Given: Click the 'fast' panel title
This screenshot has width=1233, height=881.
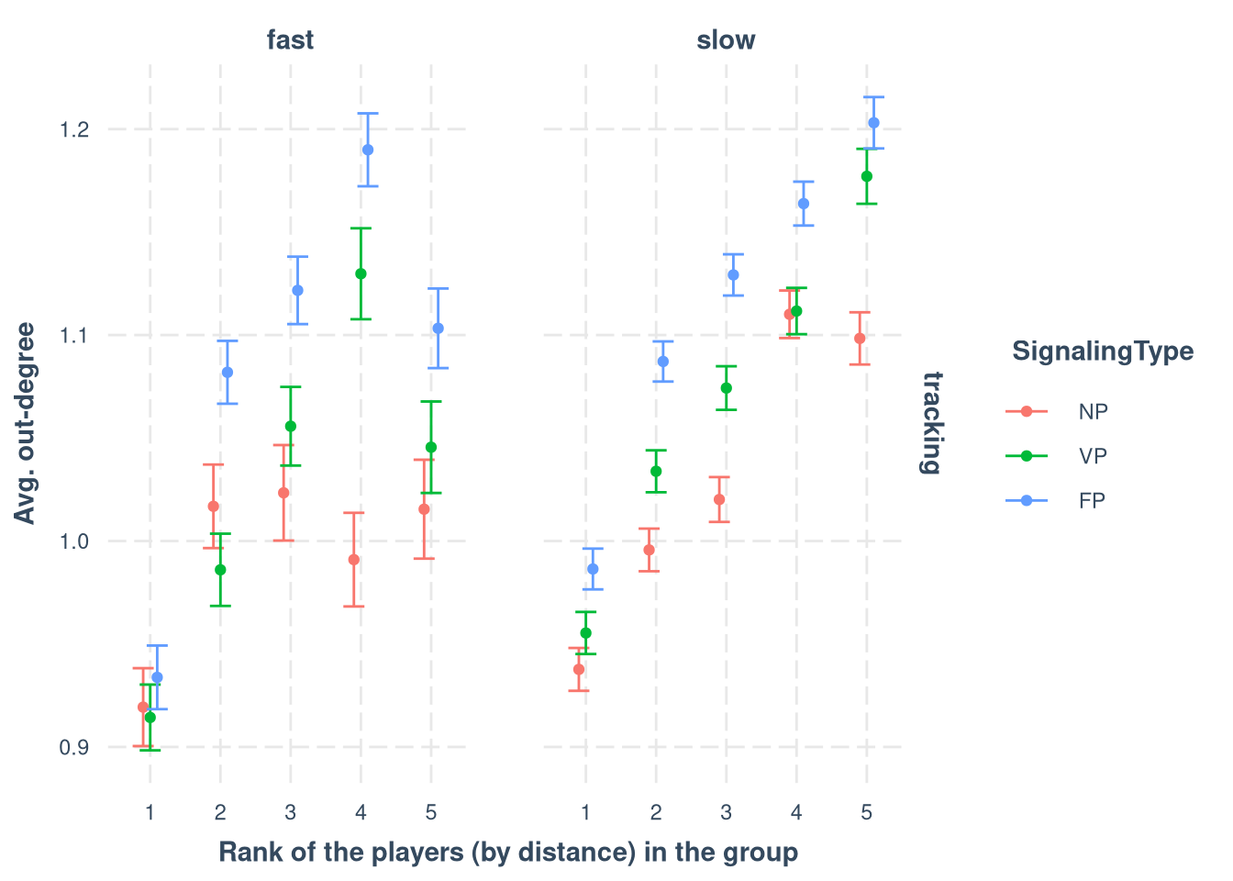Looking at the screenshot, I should point(290,40).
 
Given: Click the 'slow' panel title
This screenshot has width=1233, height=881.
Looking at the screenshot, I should point(726,40).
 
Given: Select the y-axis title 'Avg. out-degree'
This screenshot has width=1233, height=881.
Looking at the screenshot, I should point(27,423).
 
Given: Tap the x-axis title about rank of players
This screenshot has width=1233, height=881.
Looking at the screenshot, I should point(508,853).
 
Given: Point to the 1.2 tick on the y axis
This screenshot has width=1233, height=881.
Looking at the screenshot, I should point(74,129).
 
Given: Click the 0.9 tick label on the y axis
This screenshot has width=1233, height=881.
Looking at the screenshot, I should point(74,748).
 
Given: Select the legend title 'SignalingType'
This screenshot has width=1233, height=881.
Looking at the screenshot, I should point(1102,351).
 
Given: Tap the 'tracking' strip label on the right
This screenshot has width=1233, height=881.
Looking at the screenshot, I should point(931,422).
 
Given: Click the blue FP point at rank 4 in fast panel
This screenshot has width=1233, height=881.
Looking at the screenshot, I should point(368,150).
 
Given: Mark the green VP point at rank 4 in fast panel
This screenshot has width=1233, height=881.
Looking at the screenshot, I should point(361,273).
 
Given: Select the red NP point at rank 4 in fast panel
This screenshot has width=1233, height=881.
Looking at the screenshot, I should point(354,560).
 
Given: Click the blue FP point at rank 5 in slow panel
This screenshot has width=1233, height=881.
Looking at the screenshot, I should point(873,123).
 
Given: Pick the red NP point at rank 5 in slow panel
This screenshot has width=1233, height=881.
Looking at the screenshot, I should point(860,339).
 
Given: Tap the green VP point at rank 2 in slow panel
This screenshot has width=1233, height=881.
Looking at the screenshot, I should point(656,472).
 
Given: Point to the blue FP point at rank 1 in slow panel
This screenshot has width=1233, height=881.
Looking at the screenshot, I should point(593,569).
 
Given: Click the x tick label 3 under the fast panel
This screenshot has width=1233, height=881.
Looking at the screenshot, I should point(290,812).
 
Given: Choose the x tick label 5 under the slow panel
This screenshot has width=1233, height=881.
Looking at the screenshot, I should point(866,812).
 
